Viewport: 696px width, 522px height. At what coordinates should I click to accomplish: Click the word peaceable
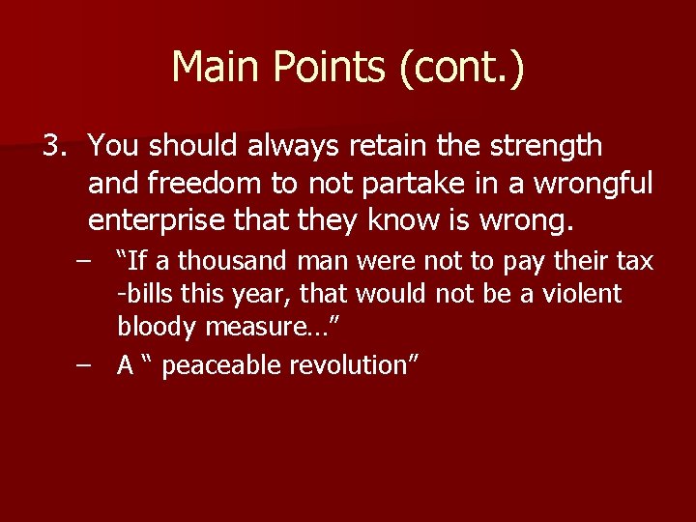(218, 365)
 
